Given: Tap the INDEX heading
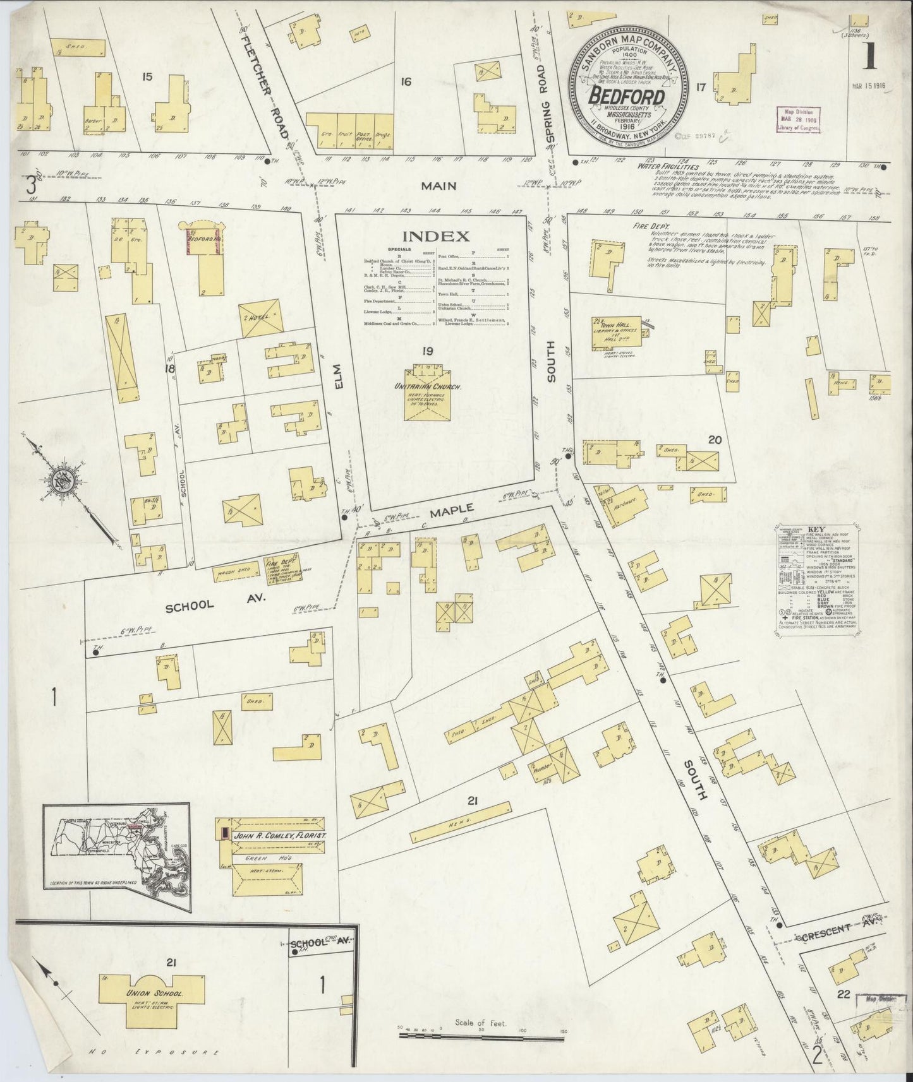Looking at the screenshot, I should tap(436, 237).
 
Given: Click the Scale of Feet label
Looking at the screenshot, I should tap(481, 1039).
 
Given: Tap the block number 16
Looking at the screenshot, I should tap(405, 81).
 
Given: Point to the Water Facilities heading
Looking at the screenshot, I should tap(661, 167).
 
